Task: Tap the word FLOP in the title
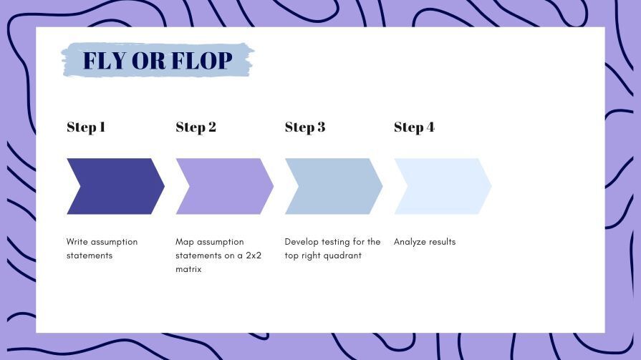click(x=202, y=60)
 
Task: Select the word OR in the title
click(x=149, y=60)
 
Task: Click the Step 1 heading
click(x=86, y=127)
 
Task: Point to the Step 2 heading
click(x=196, y=127)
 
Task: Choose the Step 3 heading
click(x=305, y=127)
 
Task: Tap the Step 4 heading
click(x=414, y=127)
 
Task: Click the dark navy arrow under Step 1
click(x=116, y=186)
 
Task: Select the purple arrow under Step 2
click(x=225, y=186)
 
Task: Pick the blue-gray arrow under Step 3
click(x=334, y=186)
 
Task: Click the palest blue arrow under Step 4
click(x=443, y=186)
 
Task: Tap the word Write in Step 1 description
click(x=77, y=241)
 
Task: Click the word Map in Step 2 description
click(x=184, y=242)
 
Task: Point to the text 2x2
click(x=254, y=256)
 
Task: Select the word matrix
click(x=188, y=269)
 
